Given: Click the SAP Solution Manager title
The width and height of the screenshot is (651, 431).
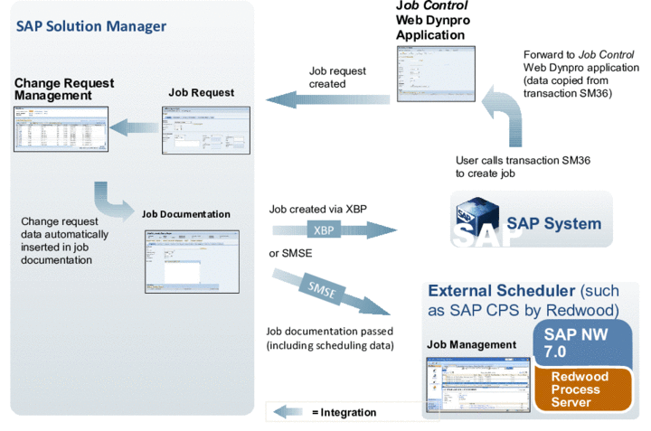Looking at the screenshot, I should click(x=91, y=26).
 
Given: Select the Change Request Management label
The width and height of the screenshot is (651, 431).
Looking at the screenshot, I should click(x=62, y=89).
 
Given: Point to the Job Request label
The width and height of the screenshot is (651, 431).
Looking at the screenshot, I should click(x=201, y=92).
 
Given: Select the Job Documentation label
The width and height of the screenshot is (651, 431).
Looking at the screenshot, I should click(x=185, y=214).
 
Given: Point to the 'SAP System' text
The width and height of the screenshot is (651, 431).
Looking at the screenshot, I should click(x=553, y=223).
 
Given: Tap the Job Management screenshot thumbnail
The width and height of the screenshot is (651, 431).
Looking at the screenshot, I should click(x=478, y=384).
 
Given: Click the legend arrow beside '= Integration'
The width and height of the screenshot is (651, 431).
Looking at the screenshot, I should click(x=289, y=412).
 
